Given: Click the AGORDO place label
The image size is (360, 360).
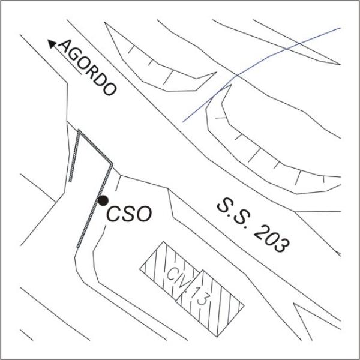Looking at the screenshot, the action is [x=87, y=68].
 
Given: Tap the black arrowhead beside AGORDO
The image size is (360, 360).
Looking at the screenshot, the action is [x=52, y=44].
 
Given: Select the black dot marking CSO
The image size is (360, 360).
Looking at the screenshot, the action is [x=103, y=200].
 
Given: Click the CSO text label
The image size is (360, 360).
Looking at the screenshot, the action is [x=129, y=214].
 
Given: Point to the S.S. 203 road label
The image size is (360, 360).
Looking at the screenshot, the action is [x=253, y=225].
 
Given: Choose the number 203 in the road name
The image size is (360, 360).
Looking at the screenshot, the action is [x=271, y=239].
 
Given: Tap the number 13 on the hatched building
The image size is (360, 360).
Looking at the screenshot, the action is [x=200, y=296].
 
